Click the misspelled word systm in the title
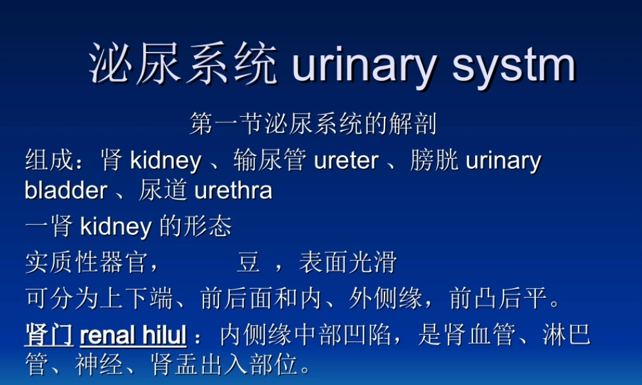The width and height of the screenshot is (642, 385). (514, 65)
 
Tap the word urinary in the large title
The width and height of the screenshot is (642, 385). (365, 65)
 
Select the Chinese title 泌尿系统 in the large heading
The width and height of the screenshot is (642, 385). (184, 65)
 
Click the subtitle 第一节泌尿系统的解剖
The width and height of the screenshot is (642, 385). (313, 124)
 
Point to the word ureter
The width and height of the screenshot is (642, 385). (346, 160)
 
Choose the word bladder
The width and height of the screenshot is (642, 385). (65, 191)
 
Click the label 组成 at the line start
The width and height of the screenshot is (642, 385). (49, 160)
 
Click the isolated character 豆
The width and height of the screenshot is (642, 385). (248, 262)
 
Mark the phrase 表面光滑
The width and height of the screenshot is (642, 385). (347, 262)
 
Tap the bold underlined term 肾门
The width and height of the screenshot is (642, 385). (49, 335)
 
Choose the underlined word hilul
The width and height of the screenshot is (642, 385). (160, 335)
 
